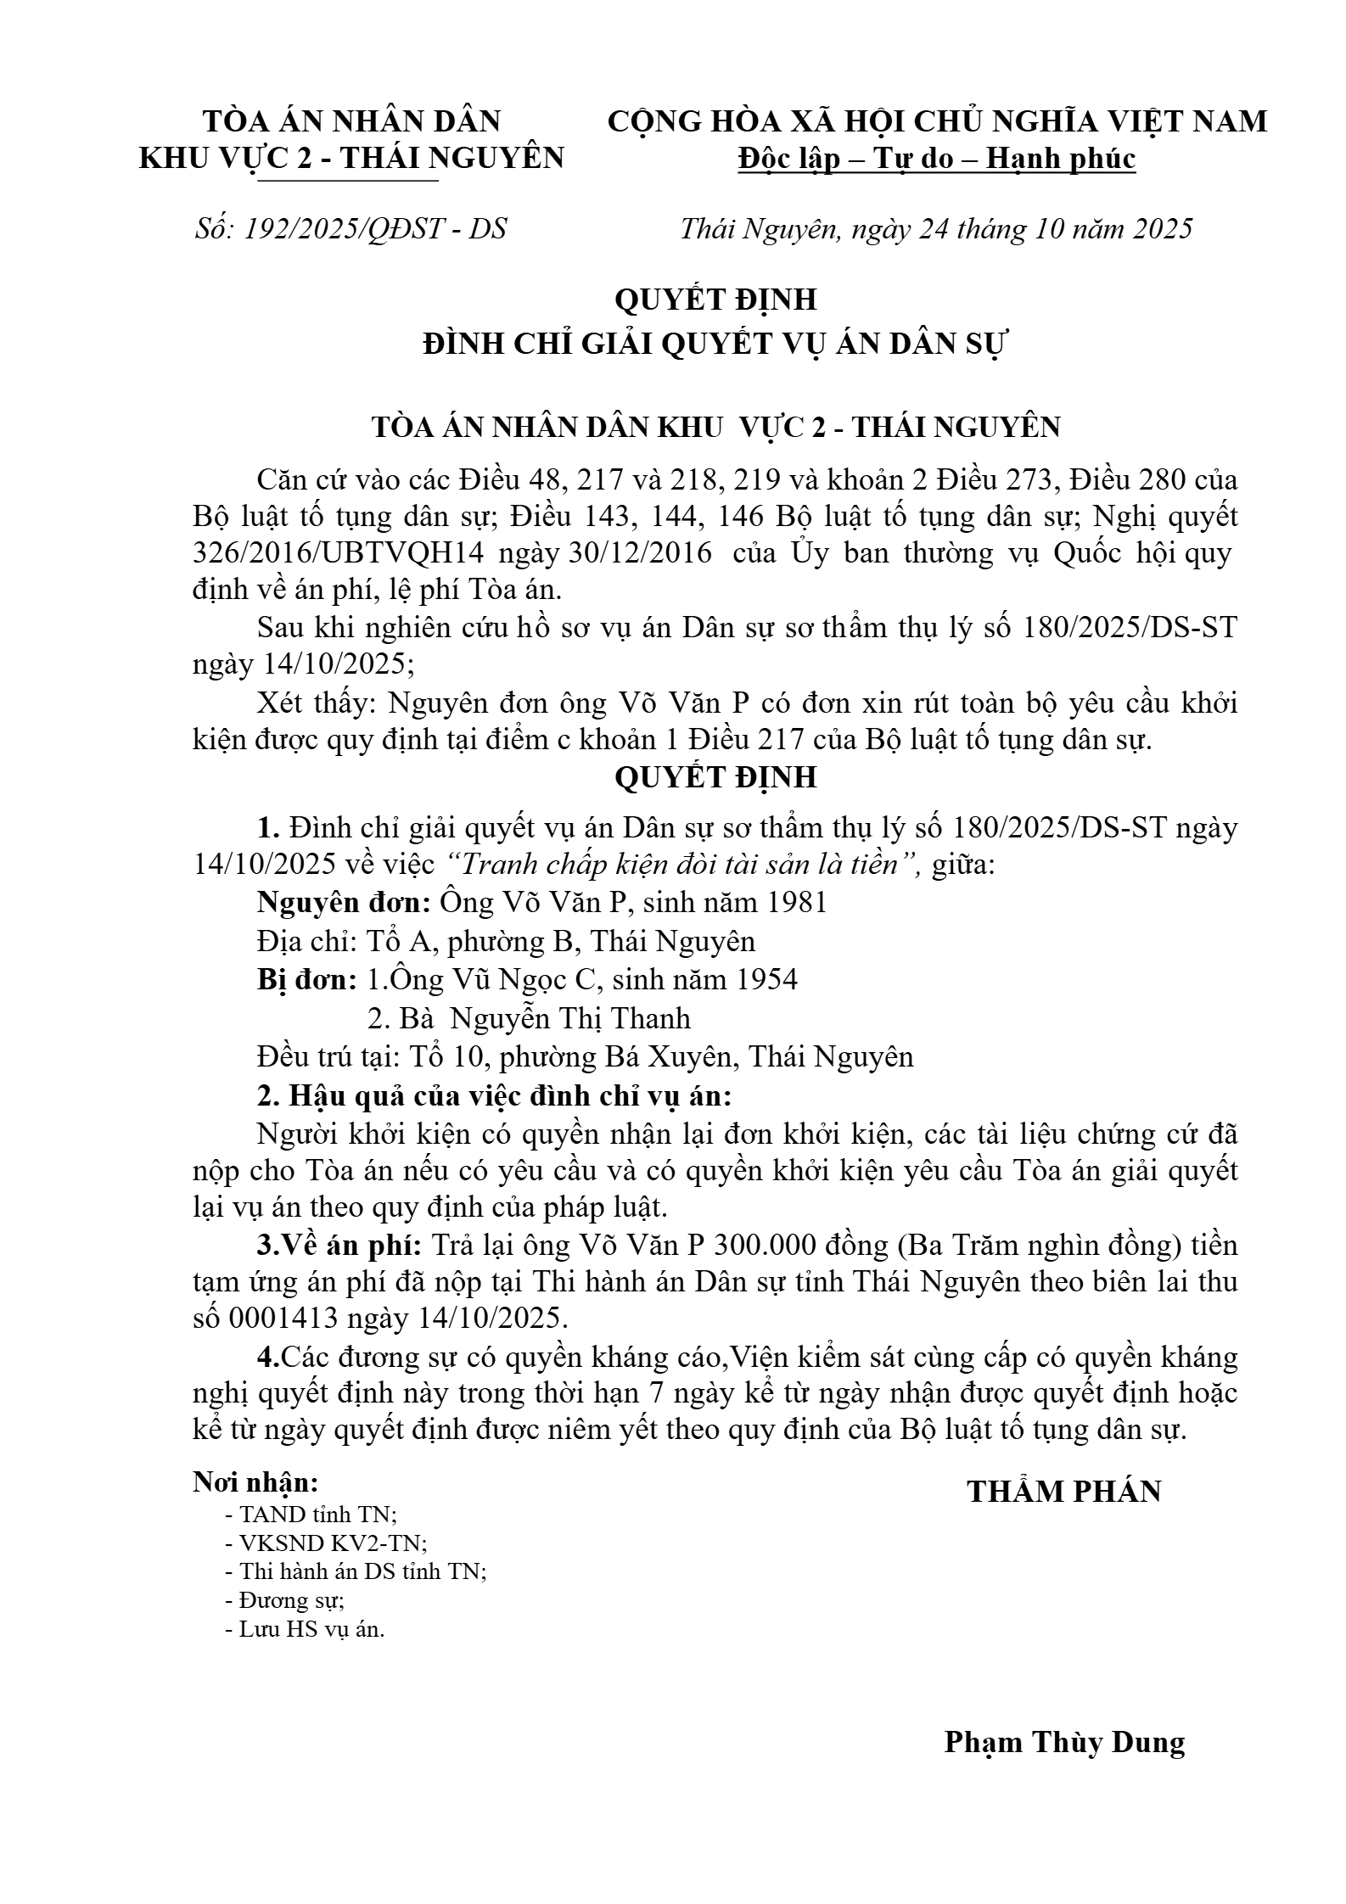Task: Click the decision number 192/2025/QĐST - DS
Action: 374,229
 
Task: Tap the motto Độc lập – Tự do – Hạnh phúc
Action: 936,159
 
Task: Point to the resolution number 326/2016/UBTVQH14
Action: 338,552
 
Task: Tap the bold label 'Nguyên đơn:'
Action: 345,902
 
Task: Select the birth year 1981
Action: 795,902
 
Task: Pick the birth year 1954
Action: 766,979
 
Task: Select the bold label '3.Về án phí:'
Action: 339,1246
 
